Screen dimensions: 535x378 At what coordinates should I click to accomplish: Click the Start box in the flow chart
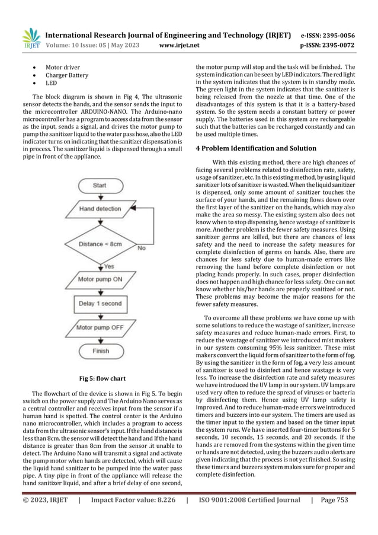(100, 186)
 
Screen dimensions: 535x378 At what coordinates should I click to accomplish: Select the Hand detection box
(100, 209)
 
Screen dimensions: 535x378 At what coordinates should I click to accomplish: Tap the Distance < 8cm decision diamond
(100, 244)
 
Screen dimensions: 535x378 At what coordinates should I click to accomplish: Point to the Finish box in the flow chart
(100, 351)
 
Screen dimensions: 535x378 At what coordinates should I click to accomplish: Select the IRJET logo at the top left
(30, 38)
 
